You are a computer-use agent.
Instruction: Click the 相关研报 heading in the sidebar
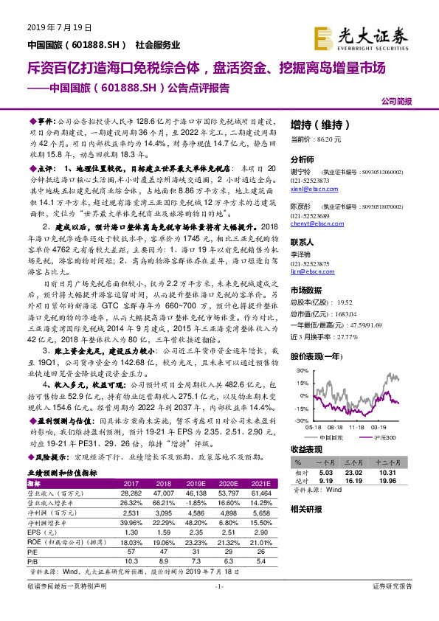coord(305,509)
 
